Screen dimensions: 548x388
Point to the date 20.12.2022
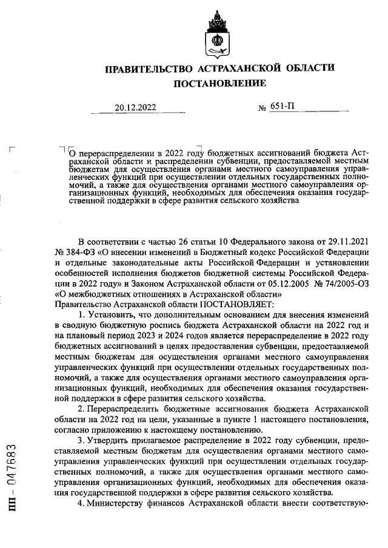click(135, 108)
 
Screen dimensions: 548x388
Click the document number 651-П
click(284, 107)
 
